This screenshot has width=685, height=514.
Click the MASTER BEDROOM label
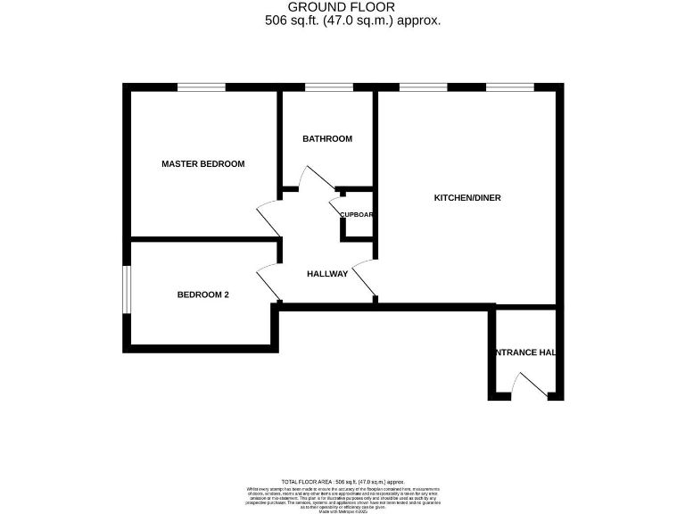click(x=202, y=164)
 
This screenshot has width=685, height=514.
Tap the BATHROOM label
click(x=327, y=139)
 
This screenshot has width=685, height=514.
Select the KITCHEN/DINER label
click(x=467, y=197)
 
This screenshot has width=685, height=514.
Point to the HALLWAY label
click(x=327, y=274)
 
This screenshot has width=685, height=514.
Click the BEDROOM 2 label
click(x=202, y=294)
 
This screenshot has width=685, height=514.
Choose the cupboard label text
click(x=356, y=215)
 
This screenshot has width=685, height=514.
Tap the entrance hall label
click(x=526, y=352)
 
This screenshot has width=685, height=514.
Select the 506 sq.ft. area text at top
click(x=353, y=21)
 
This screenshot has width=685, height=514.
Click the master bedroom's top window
click(x=201, y=87)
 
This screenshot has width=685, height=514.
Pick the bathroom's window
click(x=329, y=87)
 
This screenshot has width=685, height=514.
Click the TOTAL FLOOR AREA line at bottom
click(x=342, y=481)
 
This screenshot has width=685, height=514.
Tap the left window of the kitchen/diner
click(x=423, y=87)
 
